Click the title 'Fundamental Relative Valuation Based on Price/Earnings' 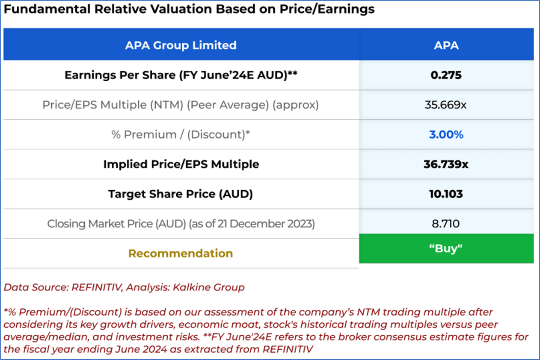pyautogui.click(x=189, y=9)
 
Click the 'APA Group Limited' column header pyautogui.click(x=181, y=45)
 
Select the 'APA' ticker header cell pyautogui.click(x=446, y=45)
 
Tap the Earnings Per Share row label pyautogui.click(x=181, y=75)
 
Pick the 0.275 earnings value pyautogui.click(x=446, y=75)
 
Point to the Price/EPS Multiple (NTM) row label pyautogui.click(x=181, y=105)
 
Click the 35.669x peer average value pyautogui.click(x=446, y=105)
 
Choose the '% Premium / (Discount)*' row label pyautogui.click(x=181, y=135)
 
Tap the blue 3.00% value pyautogui.click(x=446, y=135)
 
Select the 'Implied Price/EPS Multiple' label pyautogui.click(x=181, y=164)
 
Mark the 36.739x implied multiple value pyautogui.click(x=446, y=164)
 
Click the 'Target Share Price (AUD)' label pyautogui.click(x=181, y=194)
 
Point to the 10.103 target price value pyautogui.click(x=446, y=194)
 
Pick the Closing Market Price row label pyautogui.click(x=181, y=224)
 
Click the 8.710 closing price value pyautogui.click(x=446, y=224)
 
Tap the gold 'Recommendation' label pyautogui.click(x=181, y=253)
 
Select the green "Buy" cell pyautogui.click(x=446, y=248)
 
